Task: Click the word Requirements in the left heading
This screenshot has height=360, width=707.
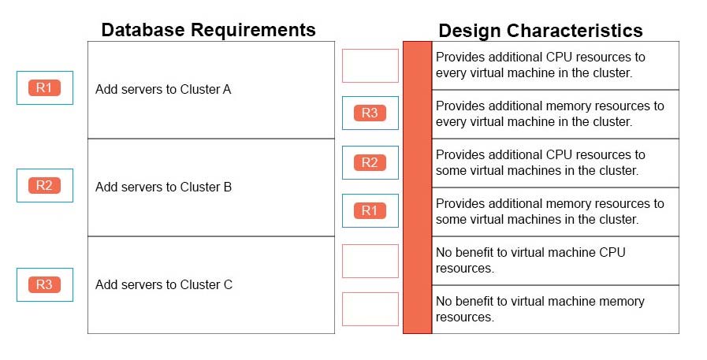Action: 253,30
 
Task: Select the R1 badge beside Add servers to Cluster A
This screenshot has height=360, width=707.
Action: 44,88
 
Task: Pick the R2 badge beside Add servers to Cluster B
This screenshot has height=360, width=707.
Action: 44,185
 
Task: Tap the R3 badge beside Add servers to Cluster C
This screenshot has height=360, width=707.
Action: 44,284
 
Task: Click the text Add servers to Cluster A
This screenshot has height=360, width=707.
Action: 163,89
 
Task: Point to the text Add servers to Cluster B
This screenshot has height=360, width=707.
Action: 163,187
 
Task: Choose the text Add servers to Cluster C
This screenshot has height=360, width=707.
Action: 164,284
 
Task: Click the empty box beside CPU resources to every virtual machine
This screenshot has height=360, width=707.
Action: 370,66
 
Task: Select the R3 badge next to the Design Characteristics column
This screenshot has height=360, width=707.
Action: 370,113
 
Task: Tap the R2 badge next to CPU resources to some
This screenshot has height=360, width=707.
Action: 370,162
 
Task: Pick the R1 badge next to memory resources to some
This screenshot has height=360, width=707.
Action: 370,210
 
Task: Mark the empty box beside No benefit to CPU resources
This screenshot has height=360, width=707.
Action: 370,261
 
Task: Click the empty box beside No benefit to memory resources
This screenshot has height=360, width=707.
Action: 370,309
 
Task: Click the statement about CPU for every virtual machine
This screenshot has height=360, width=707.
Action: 541,65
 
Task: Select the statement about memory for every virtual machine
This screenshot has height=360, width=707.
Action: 549,113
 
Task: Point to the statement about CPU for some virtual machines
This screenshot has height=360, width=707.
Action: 541,162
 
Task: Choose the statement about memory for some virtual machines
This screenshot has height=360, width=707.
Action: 549,211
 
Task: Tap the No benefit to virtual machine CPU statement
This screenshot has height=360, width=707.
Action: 530,260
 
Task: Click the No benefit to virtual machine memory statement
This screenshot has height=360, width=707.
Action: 540,309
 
